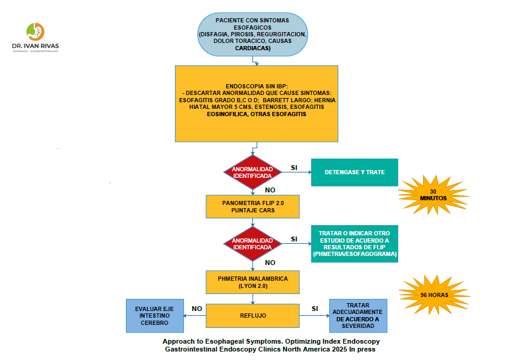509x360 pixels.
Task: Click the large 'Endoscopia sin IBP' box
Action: [x=257, y=103]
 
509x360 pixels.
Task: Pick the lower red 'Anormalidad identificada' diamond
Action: [x=252, y=243]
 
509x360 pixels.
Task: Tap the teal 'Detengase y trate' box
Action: [x=355, y=172]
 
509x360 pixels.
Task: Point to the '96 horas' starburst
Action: [x=434, y=295]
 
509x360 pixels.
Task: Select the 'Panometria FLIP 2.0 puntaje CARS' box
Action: [x=252, y=206]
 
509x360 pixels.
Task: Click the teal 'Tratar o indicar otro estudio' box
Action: [x=355, y=243]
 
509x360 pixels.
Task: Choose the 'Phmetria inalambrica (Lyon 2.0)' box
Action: [x=252, y=281]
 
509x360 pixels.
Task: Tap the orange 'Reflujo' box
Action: [x=252, y=316]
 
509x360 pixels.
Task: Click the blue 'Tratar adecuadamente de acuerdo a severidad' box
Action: [x=358, y=316]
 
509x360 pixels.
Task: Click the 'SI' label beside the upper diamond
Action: [x=294, y=167]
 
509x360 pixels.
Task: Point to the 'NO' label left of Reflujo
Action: [x=197, y=308]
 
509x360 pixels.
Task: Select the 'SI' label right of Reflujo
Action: [x=314, y=308]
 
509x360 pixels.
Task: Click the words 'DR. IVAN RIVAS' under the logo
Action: [x=36, y=45]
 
